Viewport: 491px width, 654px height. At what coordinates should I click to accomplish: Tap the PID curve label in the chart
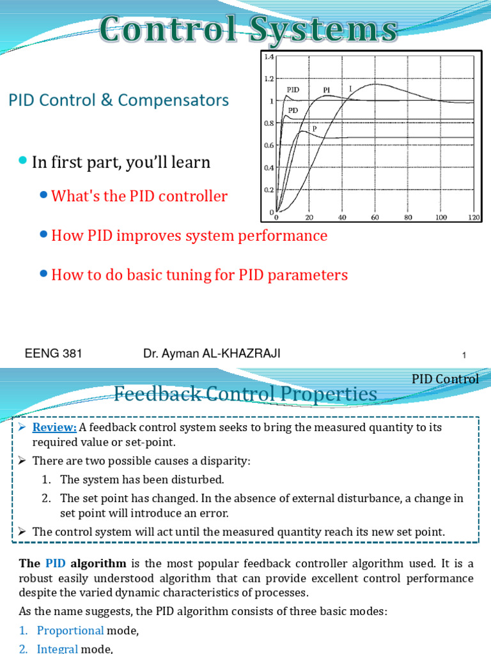[293, 89]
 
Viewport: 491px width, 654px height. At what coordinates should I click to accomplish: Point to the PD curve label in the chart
[293, 110]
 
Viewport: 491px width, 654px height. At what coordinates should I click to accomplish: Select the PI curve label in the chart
[326, 90]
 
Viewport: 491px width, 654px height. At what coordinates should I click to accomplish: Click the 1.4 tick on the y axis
[269, 57]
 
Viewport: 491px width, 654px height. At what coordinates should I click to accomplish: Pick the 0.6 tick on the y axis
[269, 145]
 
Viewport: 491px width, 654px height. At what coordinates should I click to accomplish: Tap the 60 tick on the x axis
[375, 218]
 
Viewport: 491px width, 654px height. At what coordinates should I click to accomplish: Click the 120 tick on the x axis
[474, 218]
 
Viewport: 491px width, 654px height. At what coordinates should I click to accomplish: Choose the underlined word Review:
[55, 427]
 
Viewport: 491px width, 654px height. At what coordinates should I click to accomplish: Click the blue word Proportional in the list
[70, 630]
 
